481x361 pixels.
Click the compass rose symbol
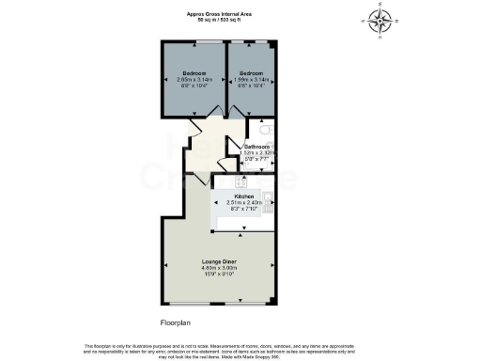coord(380,20)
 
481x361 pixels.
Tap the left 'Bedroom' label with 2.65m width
coord(194,73)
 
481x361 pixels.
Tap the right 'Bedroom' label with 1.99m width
coord(251,73)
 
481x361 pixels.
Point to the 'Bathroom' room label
coord(256,148)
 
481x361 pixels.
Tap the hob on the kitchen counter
coord(241,180)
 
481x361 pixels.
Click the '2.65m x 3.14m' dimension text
coord(194,80)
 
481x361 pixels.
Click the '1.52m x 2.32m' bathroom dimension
coord(256,154)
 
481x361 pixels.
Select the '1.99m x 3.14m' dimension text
coord(251,80)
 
